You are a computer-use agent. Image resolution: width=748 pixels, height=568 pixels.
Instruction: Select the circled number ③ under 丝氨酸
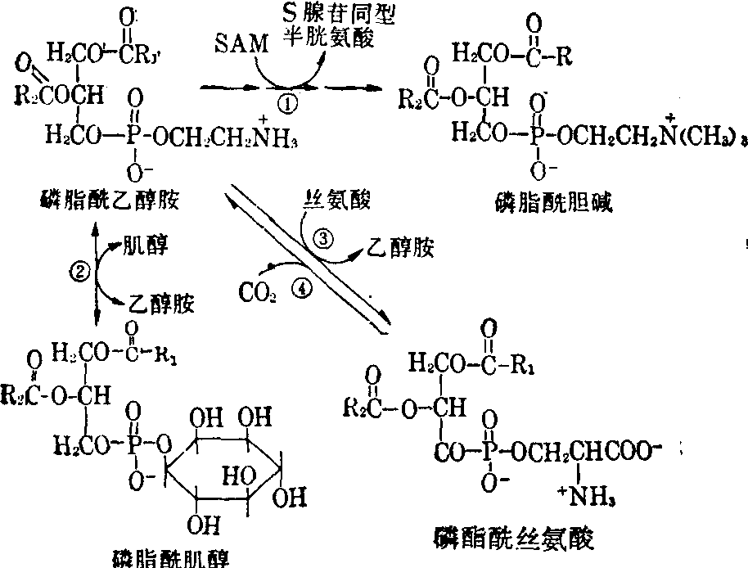point(324,238)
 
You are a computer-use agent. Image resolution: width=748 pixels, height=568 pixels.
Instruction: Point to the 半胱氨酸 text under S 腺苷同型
point(341,39)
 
